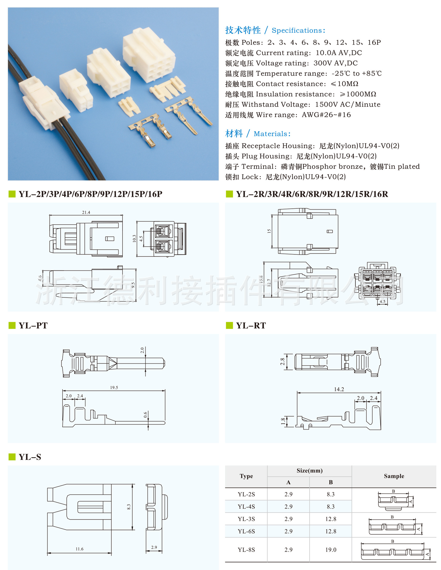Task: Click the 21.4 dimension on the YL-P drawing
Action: [86, 212]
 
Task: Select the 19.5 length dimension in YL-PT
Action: [114, 387]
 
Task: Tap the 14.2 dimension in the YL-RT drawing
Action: [339, 389]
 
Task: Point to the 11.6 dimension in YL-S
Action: [79, 549]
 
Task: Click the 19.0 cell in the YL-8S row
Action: [331, 550]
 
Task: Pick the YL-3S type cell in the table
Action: [246, 519]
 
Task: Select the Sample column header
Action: [394, 476]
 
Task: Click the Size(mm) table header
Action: [309, 471]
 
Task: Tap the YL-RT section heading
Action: [251, 326]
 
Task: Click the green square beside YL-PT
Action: [12, 325]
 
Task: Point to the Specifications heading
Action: [298, 30]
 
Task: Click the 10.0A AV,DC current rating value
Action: [339, 53]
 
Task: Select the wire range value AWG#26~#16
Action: [326, 115]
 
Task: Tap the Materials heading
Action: [272, 134]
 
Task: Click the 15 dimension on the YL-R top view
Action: [269, 231]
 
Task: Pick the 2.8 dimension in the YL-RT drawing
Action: [282, 361]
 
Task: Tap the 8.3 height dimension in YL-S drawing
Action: [129, 507]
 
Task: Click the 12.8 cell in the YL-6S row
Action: [331, 531]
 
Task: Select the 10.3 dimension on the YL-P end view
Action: [134, 238]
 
